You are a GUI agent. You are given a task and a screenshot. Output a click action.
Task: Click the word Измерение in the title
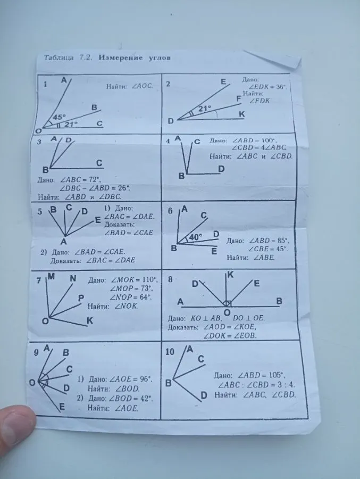click(x=121, y=57)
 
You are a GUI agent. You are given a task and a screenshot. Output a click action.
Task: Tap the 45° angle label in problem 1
click(x=59, y=117)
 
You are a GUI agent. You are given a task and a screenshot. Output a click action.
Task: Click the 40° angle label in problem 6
click(x=195, y=237)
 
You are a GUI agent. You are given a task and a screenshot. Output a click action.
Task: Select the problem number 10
click(x=170, y=352)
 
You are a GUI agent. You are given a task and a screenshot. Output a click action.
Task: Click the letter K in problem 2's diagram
click(x=242, y=114)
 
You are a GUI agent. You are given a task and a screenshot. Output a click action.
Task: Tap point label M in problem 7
click(x=51, y=276)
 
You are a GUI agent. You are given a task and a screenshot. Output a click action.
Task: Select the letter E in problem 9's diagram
click(x=62, y=407)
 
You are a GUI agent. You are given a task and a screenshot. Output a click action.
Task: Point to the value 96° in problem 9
click(x=146, y=379)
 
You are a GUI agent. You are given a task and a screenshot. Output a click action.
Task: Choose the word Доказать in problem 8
click(x=182, y=327)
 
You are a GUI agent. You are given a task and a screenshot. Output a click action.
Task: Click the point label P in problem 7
click(x=81, y=298)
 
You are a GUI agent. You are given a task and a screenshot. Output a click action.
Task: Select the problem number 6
click(x=170, y=211)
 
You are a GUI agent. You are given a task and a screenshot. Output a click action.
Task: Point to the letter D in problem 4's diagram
click(x=221, y=169)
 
